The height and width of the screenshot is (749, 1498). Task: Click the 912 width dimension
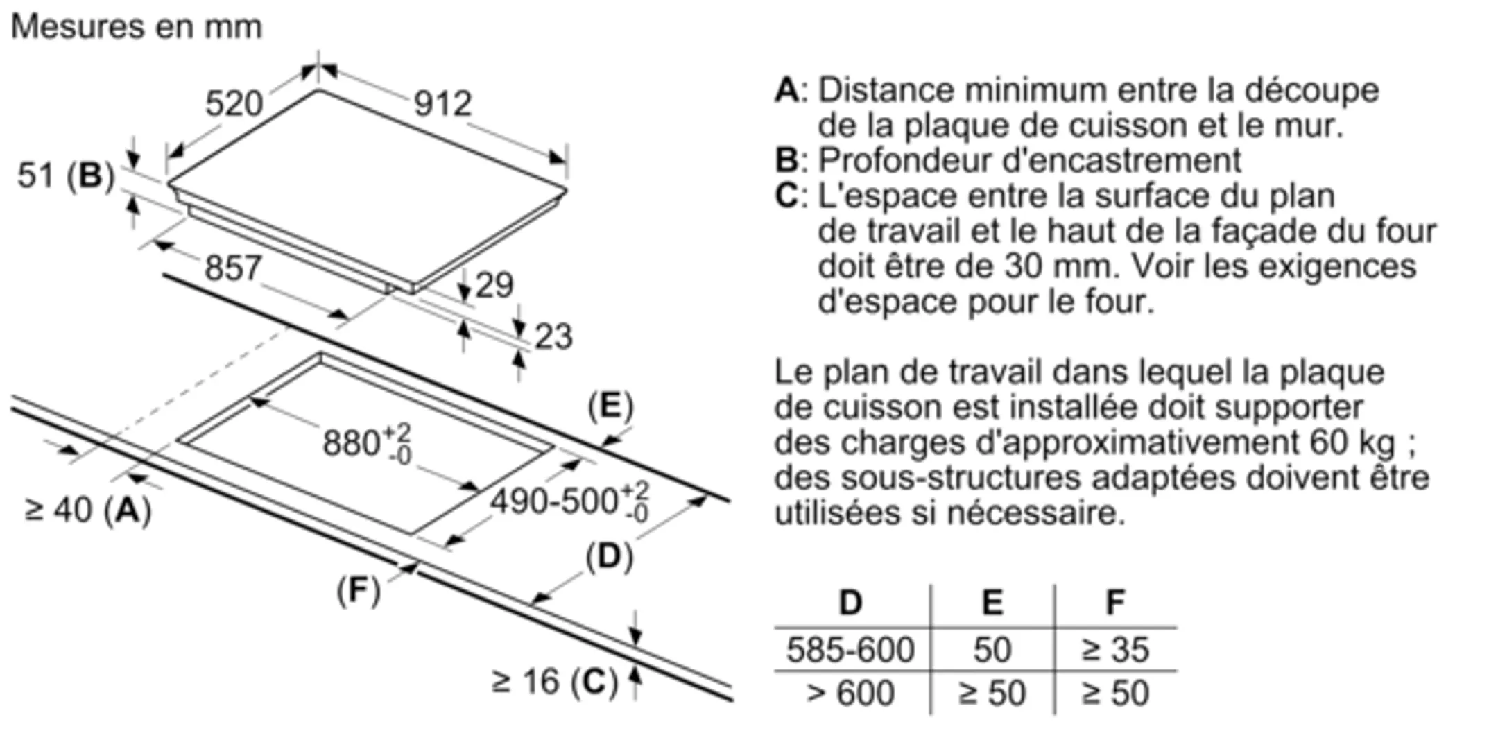click(x=442, y=104)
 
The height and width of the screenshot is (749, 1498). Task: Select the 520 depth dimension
click(x=234, y=104)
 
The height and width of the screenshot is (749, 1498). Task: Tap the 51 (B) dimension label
click(x=66, y=175)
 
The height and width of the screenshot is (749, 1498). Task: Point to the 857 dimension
click(x=233, y=268)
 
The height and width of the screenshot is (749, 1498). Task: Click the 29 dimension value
click(x=494, y=285)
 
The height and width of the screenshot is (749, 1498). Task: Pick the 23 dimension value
click(x=553, y=337)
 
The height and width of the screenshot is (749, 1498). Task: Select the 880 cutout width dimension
click(x=366, y=442)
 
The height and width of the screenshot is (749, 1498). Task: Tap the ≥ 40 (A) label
click(x=88, y=510)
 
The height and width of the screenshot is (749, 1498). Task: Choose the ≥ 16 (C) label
click(x=554, y=681)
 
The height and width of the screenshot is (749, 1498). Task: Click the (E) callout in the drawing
click(x=610, y=406)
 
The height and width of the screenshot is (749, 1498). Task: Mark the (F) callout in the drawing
click(x=358, y=590)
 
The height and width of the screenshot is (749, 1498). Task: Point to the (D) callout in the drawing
click(x=609, y=556)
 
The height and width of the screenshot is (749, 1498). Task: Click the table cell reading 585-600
click(x=850, y=650)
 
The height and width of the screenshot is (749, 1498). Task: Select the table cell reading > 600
click(x=850, y=693)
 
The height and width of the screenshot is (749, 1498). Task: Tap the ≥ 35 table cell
click(x=1114, y=650)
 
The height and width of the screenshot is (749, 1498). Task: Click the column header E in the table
click(x=992, y=602)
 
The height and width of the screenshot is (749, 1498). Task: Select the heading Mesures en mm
click(x=137, y=27)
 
